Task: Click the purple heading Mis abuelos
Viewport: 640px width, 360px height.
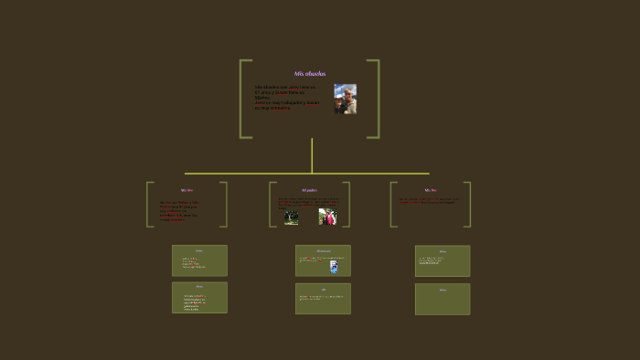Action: [309, 74]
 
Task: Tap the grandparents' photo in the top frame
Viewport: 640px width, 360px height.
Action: [345, 99]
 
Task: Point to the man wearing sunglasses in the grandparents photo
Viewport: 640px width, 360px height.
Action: [341, 98]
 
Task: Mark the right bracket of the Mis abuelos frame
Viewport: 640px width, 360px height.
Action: [377, 99]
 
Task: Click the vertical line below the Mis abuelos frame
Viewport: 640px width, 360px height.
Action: [312, 155]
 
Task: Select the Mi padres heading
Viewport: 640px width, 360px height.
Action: [309, 190]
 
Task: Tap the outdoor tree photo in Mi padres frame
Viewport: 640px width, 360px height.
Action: [291, 217]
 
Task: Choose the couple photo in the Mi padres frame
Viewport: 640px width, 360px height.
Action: [327, 217]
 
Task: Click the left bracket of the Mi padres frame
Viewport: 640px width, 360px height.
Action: [271, 204]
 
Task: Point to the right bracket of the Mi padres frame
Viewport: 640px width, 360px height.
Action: [347, 204]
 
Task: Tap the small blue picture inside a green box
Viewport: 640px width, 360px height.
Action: [334, 266]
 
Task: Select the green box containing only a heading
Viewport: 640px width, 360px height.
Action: [443, 299]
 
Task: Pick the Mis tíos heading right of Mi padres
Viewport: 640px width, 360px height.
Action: [431, 190]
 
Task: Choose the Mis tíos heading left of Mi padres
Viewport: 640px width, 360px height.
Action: [187, 190]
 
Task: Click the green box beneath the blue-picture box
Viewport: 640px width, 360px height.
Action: [323, 299]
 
